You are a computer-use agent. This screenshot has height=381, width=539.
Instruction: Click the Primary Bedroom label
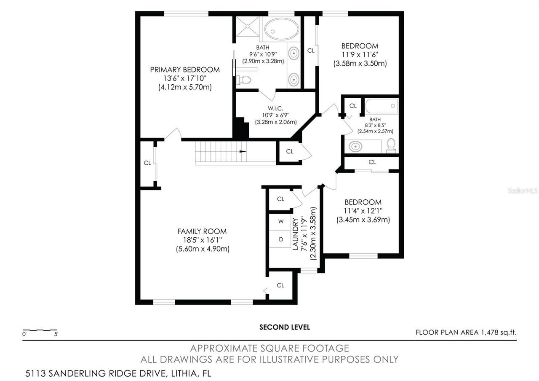185,70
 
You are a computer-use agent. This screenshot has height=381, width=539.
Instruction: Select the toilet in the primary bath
244,79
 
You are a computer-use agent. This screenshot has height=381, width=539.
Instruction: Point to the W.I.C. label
275,108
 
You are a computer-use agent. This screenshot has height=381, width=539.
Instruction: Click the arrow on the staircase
243,151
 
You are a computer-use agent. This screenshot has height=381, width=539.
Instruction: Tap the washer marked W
281,221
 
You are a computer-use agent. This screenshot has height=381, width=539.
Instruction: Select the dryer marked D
281,239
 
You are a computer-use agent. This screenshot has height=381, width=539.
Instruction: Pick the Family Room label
202,231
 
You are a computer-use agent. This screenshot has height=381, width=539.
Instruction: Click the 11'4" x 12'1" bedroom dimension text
363,211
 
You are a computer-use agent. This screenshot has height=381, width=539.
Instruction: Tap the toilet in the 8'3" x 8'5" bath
391,145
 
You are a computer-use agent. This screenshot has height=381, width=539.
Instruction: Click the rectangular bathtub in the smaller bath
381,105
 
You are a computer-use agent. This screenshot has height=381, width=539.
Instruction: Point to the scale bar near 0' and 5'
40,330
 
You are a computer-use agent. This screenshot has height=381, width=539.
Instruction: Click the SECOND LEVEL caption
284,327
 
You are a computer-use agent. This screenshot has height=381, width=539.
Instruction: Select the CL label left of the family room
147,163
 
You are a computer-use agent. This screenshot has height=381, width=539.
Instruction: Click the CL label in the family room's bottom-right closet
280,285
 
